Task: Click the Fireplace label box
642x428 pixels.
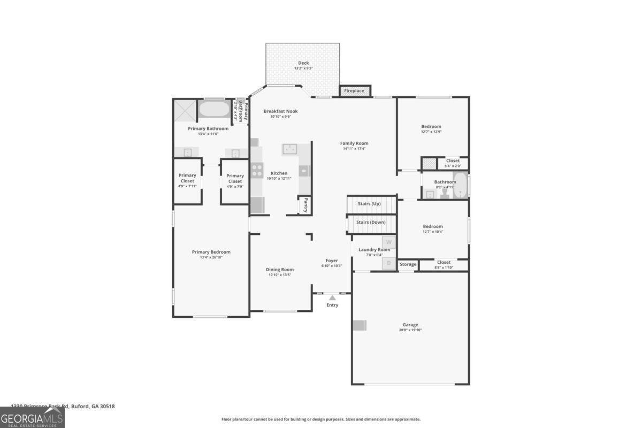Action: [354, 91]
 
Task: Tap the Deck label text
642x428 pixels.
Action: [303, 63]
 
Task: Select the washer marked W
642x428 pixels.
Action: [389, 242]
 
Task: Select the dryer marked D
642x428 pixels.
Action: [389, 263]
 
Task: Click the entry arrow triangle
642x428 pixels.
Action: [332, 297]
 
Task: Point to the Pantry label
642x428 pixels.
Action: [305, 205]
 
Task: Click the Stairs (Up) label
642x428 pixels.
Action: [369, 204]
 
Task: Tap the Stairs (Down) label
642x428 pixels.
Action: [371, 222]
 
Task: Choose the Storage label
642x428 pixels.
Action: [408, 265]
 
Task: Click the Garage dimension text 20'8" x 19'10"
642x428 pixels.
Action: [410, 330]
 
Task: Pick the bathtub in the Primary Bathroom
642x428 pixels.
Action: [214, 110]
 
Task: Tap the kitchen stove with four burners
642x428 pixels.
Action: [257, 170]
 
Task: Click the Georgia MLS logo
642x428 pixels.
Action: [32, 417]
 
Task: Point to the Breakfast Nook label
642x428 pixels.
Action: [280, 111]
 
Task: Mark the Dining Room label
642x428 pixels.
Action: [280, 270]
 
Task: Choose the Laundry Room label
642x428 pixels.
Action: [374, 249]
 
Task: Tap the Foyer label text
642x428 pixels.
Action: [332, 261]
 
